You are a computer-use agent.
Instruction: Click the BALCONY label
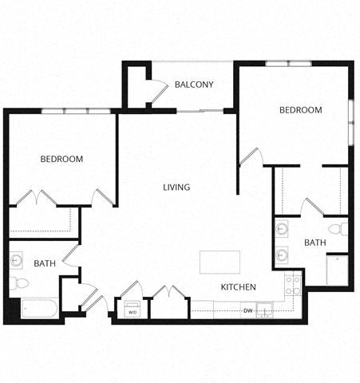coord(194,84)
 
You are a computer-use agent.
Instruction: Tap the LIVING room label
coord(176,188)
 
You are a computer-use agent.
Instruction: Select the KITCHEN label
coord(238,286)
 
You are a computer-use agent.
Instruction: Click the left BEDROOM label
coord(61,159)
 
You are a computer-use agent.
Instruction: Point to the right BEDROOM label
coord(301,109)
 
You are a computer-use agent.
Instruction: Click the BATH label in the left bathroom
coord(44,263)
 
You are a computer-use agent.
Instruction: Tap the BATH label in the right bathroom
coord(315,242)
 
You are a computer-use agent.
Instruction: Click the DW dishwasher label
coord(248,310)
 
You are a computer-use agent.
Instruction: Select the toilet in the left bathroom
coord(20,282)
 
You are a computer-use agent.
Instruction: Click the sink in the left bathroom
coord(18,260)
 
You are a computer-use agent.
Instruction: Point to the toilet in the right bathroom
coord(339,230)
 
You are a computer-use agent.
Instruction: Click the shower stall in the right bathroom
coord(338,270)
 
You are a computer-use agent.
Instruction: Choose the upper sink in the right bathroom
coord(282,230)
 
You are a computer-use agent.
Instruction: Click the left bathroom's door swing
coord(70,255)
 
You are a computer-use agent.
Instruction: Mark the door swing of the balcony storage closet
coord(156,90)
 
